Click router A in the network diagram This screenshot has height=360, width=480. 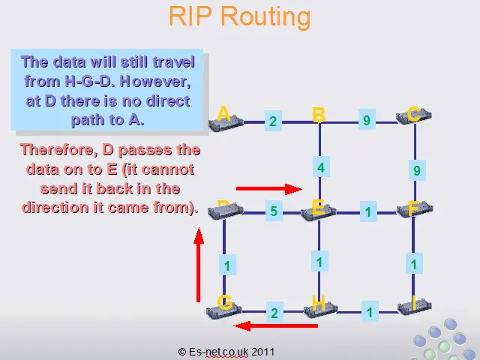(x=226, y=124)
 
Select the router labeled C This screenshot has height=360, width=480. (x=414, y=116)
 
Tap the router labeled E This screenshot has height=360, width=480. (x=319, y=212)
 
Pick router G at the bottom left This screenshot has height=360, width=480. (x=224, y=310)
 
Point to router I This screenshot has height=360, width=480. (x=415, y=306)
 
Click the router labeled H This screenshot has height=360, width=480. (x=321, y=310)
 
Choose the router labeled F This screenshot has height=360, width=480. (x=415, y=209)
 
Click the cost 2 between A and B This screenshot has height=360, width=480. (x=273, y=121)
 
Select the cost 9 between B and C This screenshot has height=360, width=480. (x=367, y=120)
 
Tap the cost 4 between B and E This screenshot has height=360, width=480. (x=321, y=167)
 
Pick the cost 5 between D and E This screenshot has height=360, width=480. (x=274, y=211)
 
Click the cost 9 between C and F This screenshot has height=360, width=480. (x=417, y=170)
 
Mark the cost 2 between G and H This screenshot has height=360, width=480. (x=274, y=313)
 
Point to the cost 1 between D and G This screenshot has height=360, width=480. (x=227, y=265)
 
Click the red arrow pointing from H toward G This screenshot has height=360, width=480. (x=276, y=326)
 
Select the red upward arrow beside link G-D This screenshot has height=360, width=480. (x=199, y=265)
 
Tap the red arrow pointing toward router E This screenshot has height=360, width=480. (x=269, y=189)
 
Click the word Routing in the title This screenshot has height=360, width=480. (x=265, y=16)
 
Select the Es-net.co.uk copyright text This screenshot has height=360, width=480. (x=226, y=352)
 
